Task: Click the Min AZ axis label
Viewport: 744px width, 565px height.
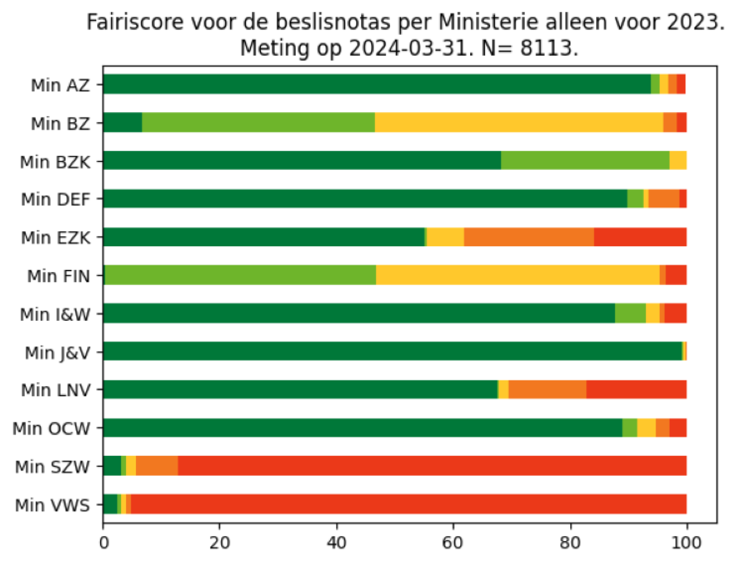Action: click(60, 85)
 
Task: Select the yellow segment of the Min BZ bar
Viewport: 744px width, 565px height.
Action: click(519, 123)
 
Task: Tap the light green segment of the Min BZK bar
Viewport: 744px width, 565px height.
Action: click(585, 160)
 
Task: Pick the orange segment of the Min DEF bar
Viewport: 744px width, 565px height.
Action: click(664, 199)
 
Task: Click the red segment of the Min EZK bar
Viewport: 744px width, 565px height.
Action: click(640, 237)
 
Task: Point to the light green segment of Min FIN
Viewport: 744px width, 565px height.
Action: click(240, 275)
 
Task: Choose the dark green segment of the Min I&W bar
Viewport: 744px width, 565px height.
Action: click(359, 314)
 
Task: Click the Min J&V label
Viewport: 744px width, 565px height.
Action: click(57, 353)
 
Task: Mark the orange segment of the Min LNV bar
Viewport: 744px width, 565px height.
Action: click(547, 390)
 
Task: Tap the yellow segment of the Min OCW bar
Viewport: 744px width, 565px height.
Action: click(646, 428)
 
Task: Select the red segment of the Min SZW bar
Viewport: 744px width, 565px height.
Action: click(432, 466)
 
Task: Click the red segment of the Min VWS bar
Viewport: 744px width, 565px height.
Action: click(408, 504)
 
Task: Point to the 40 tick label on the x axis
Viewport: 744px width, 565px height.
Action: click(336, 543)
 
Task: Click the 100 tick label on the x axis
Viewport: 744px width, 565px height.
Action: click(686, 543)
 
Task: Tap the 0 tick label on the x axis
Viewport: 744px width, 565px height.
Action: click(104, 543)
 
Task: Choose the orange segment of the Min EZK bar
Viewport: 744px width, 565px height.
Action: click(529, 237)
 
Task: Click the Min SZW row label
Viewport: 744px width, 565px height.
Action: click(52, 467)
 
